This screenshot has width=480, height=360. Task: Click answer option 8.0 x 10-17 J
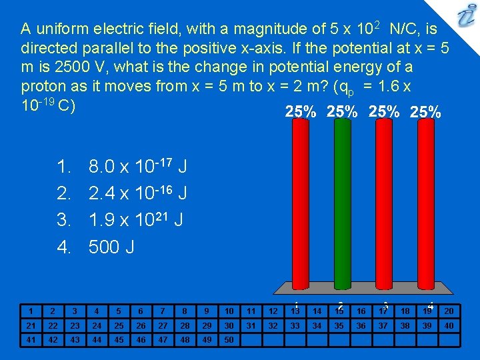[x=137, y=165]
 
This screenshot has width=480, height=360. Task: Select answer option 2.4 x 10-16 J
[x=137, y=193]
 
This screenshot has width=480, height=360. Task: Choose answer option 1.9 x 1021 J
[x=137, y=220]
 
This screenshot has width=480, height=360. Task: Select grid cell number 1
[x=31, y=311]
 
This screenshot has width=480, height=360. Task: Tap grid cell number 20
[x=448, y=311]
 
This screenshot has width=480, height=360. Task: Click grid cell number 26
[x=140, y=325]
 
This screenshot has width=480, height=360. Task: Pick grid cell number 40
[x=448, y=325]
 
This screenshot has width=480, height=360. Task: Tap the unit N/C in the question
[x=405, y=29]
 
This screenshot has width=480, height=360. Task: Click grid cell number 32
[x=273, y=325]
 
